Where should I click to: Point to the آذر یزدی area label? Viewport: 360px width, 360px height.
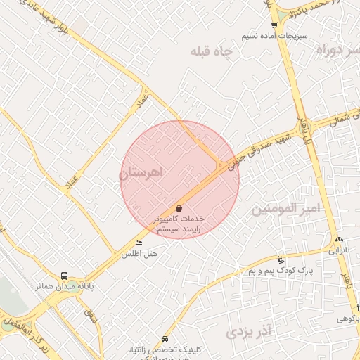(250, 330)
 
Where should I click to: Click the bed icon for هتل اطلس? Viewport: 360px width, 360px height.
(138, 243)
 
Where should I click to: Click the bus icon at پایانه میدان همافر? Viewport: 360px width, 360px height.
(65, 276)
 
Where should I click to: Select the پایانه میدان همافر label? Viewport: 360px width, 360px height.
(65, 287)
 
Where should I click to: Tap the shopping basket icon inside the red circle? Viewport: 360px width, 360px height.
(179, 208)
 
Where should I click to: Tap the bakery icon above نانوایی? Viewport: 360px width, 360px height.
(339, 240)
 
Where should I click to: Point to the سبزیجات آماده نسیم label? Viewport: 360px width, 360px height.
(264, 34)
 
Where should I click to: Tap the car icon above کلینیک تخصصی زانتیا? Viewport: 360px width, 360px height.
(165, 338)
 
